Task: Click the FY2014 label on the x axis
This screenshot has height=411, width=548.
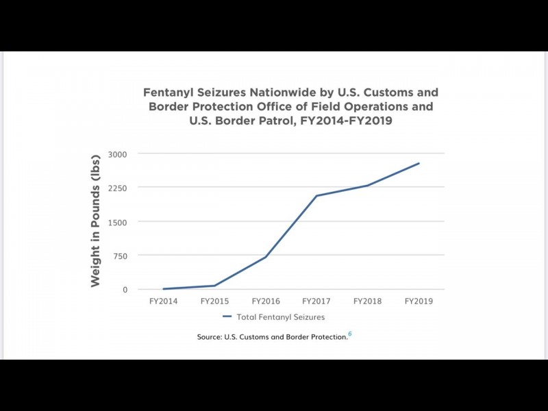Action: (164, 301)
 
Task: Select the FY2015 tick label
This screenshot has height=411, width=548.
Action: (215, 301)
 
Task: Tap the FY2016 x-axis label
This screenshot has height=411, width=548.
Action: (266, 301)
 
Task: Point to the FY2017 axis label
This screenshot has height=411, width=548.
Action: (316, 301)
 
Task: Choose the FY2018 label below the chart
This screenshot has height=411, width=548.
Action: (368, 301)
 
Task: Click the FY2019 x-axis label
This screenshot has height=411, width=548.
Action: (419, 301)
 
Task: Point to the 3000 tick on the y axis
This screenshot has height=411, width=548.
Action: (118, 154)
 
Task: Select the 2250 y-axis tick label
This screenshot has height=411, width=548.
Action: (118, 188)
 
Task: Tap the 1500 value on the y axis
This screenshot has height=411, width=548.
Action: (118, 222)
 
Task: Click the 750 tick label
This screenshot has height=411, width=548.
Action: (120, 256)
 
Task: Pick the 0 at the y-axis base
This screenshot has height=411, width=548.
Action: (125, 290)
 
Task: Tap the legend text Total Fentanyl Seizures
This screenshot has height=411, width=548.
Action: (280, 317)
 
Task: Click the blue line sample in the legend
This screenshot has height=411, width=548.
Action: (227, 317)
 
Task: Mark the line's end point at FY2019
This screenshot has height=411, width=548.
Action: (419, 163)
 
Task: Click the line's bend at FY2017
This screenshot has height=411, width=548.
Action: (316, 196)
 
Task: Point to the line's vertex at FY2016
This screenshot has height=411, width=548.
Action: (266, 257)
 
